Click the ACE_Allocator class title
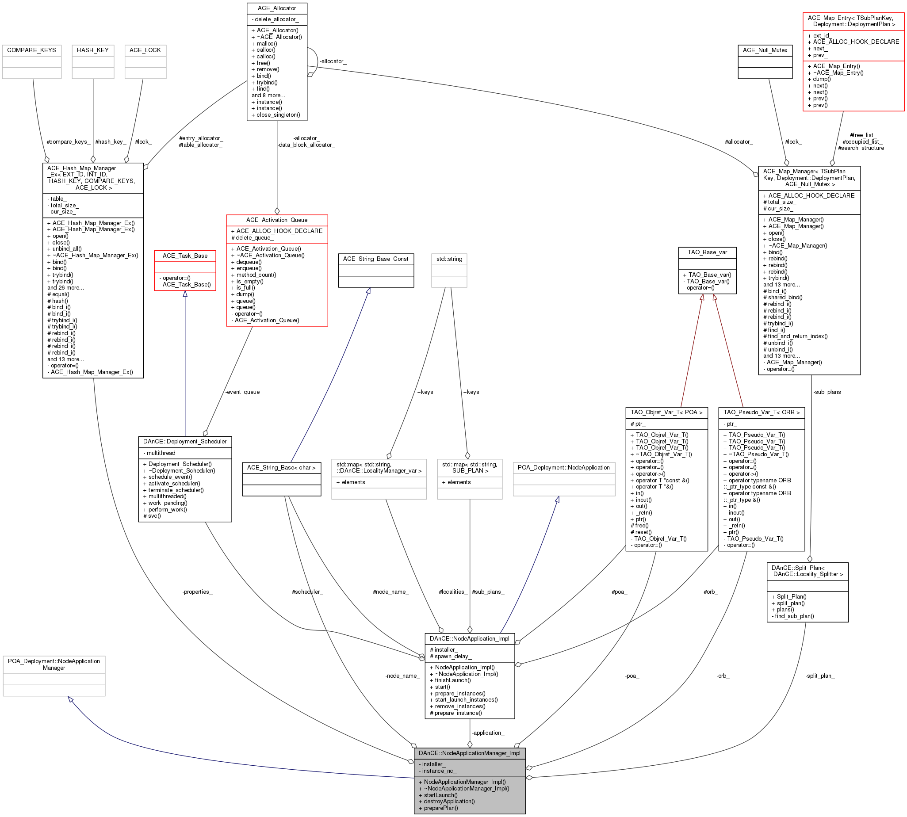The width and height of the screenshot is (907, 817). click(276, 8)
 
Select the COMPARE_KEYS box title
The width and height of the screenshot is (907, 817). click(31, 50)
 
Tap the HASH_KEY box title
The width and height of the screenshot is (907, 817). click(93, 50)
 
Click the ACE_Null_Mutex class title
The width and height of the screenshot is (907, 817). click(765, 50)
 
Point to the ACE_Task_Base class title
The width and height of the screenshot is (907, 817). click(185, 256)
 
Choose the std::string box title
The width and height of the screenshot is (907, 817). click(449, 259)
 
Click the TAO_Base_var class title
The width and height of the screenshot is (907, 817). click(707, 252)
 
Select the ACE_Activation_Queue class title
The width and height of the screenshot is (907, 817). click(276, 220)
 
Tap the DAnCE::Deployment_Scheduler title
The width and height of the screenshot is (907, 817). click(185, 441)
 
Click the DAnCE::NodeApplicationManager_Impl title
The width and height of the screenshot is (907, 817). click(469, 753)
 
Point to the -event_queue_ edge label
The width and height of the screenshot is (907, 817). click(244, 392)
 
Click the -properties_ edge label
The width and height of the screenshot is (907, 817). click(197, 592)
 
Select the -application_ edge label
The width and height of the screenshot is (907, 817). click(488, 733)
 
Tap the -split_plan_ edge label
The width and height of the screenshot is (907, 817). click(820, 676)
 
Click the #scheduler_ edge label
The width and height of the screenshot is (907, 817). click(307, 592)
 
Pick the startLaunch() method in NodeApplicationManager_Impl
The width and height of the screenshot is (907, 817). click(440, 795)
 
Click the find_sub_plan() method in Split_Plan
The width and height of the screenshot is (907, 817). click(792, 616)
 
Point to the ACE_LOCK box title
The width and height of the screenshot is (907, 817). click(145, 50)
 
